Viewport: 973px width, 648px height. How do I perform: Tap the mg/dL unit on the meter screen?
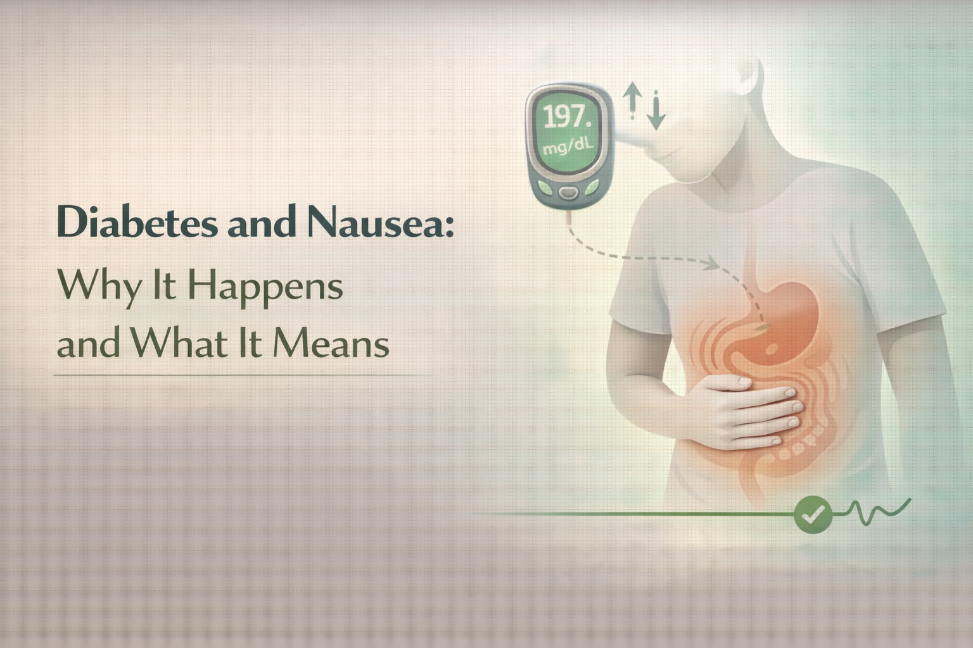[x=568, y=148]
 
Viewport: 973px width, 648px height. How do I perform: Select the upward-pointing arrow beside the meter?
[x=632, y=100]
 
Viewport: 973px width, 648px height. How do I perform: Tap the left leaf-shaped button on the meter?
[x=544, y=188]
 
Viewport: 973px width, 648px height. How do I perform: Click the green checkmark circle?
[x=813, y=514]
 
